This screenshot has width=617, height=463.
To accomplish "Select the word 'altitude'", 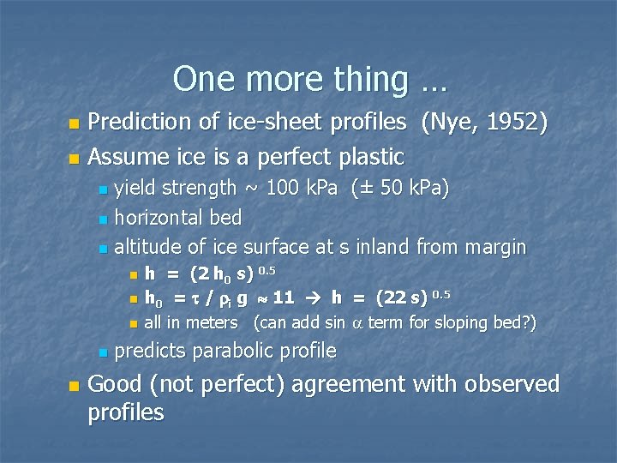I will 147,247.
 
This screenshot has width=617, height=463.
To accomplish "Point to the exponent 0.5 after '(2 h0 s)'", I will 267,270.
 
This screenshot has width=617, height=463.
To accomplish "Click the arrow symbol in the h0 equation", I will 313,298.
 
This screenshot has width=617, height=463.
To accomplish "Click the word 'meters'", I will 214,322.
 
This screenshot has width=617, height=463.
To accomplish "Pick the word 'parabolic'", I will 237,351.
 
